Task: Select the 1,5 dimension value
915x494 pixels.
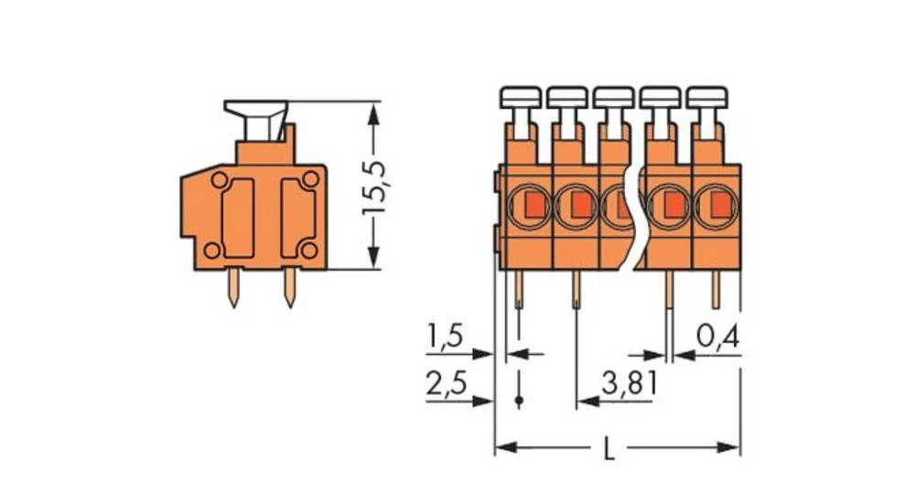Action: (x=446, y=338)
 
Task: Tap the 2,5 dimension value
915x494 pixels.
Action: (x=446, y=383)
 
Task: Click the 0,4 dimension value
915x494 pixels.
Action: (x=716, y=338)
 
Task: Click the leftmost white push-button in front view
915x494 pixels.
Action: (x=520, y=96)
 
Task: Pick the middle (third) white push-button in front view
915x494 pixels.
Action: (x=613, y=96)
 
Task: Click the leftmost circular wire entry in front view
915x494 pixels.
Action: (x=528, y=205)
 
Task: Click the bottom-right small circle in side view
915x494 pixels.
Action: (x=309, y=250)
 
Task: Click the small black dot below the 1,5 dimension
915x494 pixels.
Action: (x=519, y=401)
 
